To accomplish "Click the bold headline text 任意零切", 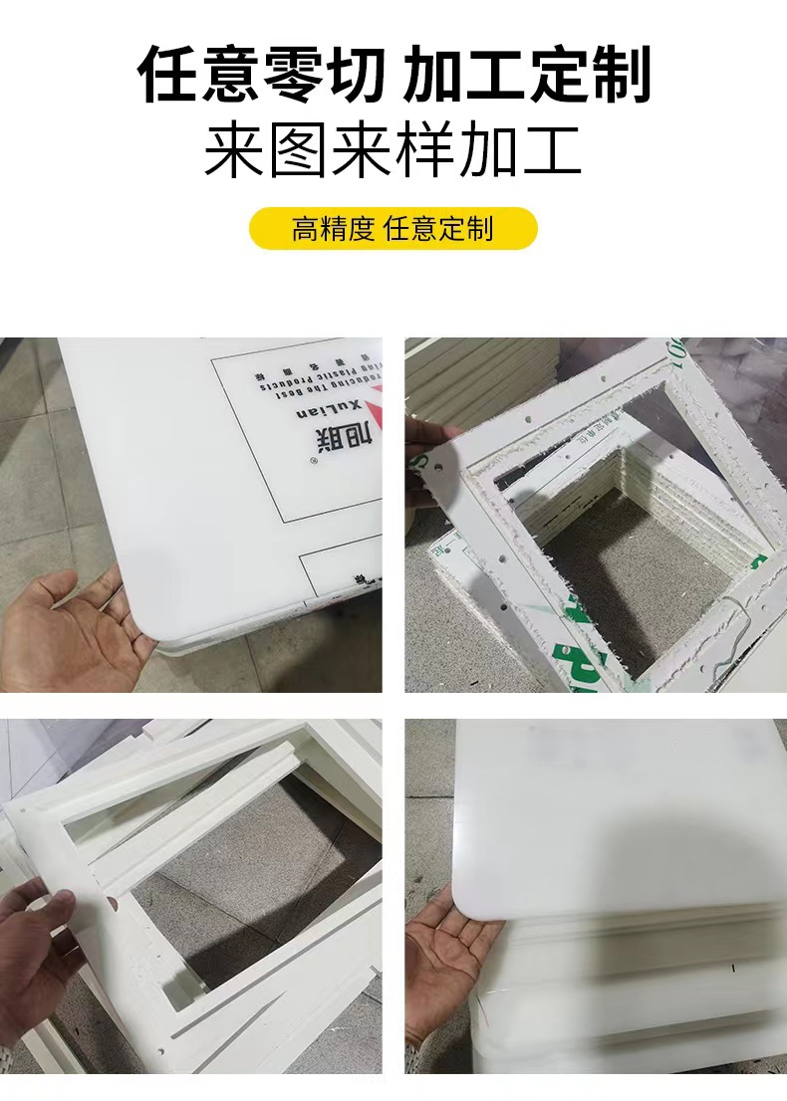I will (262, 75).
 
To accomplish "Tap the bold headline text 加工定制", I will (527, 75).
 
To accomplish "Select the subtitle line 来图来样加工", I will (393, 151).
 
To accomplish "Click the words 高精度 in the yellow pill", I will (333, 229).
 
